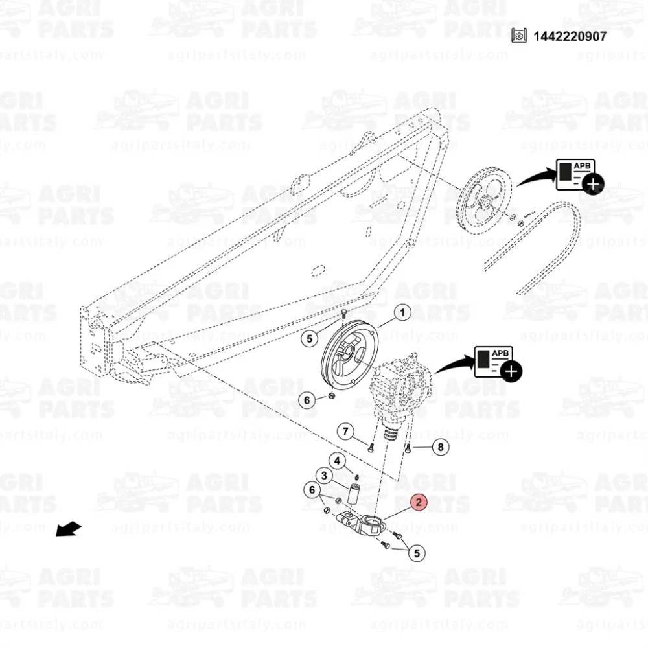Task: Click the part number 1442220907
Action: point(570,36)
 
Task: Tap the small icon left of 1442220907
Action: point(519,36)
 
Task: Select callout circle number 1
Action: point(402,312)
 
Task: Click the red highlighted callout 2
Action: point(419,502)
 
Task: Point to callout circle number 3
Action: point(324,476)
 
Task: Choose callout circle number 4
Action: point(337,461)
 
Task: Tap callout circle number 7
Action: point(345,432)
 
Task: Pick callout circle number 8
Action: point(441,446)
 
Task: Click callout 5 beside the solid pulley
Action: point(309,339)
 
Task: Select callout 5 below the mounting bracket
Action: point(417,553)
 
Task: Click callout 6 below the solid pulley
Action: point(307,400)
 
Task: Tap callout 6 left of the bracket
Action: point(312,490)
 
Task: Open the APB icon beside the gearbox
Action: point(497,363)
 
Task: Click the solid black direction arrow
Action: point(69,529)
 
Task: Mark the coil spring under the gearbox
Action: point(390,434)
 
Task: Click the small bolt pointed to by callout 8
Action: point(408,448)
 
